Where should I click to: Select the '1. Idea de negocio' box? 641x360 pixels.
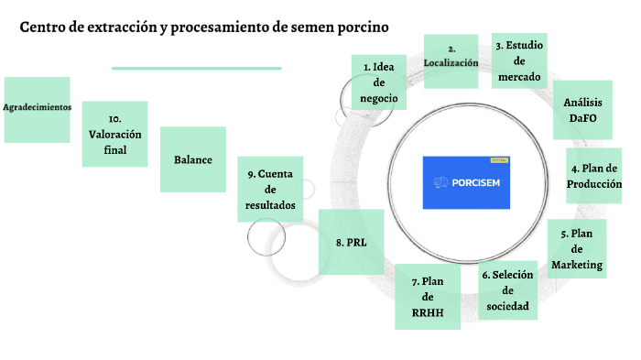point(378,82)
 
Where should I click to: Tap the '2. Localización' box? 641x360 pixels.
point(451,60)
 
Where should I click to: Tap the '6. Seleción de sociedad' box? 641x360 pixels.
point(507,289)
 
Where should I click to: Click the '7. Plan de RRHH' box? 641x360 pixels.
point(427,296)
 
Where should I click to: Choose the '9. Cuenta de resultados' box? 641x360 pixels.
point(270,190)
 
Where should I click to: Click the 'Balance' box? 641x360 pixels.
point(193,159)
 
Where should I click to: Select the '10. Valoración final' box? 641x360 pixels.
point(114,134)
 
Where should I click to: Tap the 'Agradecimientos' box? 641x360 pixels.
point(37,108)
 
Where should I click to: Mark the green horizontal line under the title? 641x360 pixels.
point(196,68)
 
